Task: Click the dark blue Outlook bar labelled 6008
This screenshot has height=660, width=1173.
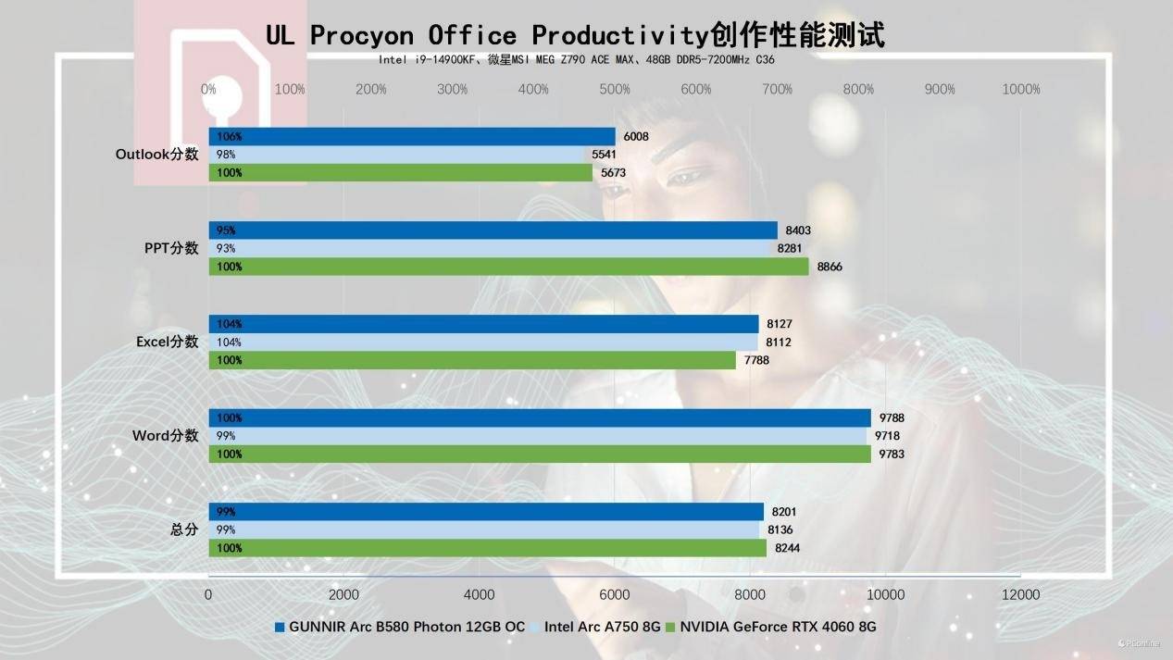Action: (x=412, y=137)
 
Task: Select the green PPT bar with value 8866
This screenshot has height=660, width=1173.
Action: (x=508, y=267)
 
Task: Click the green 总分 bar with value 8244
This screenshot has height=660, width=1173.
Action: (x=487, y=548)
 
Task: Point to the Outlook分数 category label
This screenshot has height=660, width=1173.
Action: (x=156, y=155)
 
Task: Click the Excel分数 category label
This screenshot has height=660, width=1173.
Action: (x=167, y=342)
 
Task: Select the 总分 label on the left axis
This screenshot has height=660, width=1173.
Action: (x=184, y=530)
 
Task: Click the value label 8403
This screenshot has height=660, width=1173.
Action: (x=798, y=230)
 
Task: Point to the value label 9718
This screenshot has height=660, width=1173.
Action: (x=887, y=436)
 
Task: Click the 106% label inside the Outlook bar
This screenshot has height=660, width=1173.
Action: (x=230, y=137)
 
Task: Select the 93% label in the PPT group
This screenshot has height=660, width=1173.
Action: (x=226, y=248)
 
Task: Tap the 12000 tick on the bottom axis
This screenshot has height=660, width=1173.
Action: (x=1021, y=594)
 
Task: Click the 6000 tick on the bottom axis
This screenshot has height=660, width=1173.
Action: (x=615, y=594)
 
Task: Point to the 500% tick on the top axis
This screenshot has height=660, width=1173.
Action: (x=615, y=90)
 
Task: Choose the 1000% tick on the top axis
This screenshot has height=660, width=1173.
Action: (x=1021, y=90)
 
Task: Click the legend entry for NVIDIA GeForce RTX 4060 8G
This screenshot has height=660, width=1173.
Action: (x=778, y=627)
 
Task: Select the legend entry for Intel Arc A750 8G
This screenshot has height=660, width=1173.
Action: (x=602, y=627)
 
